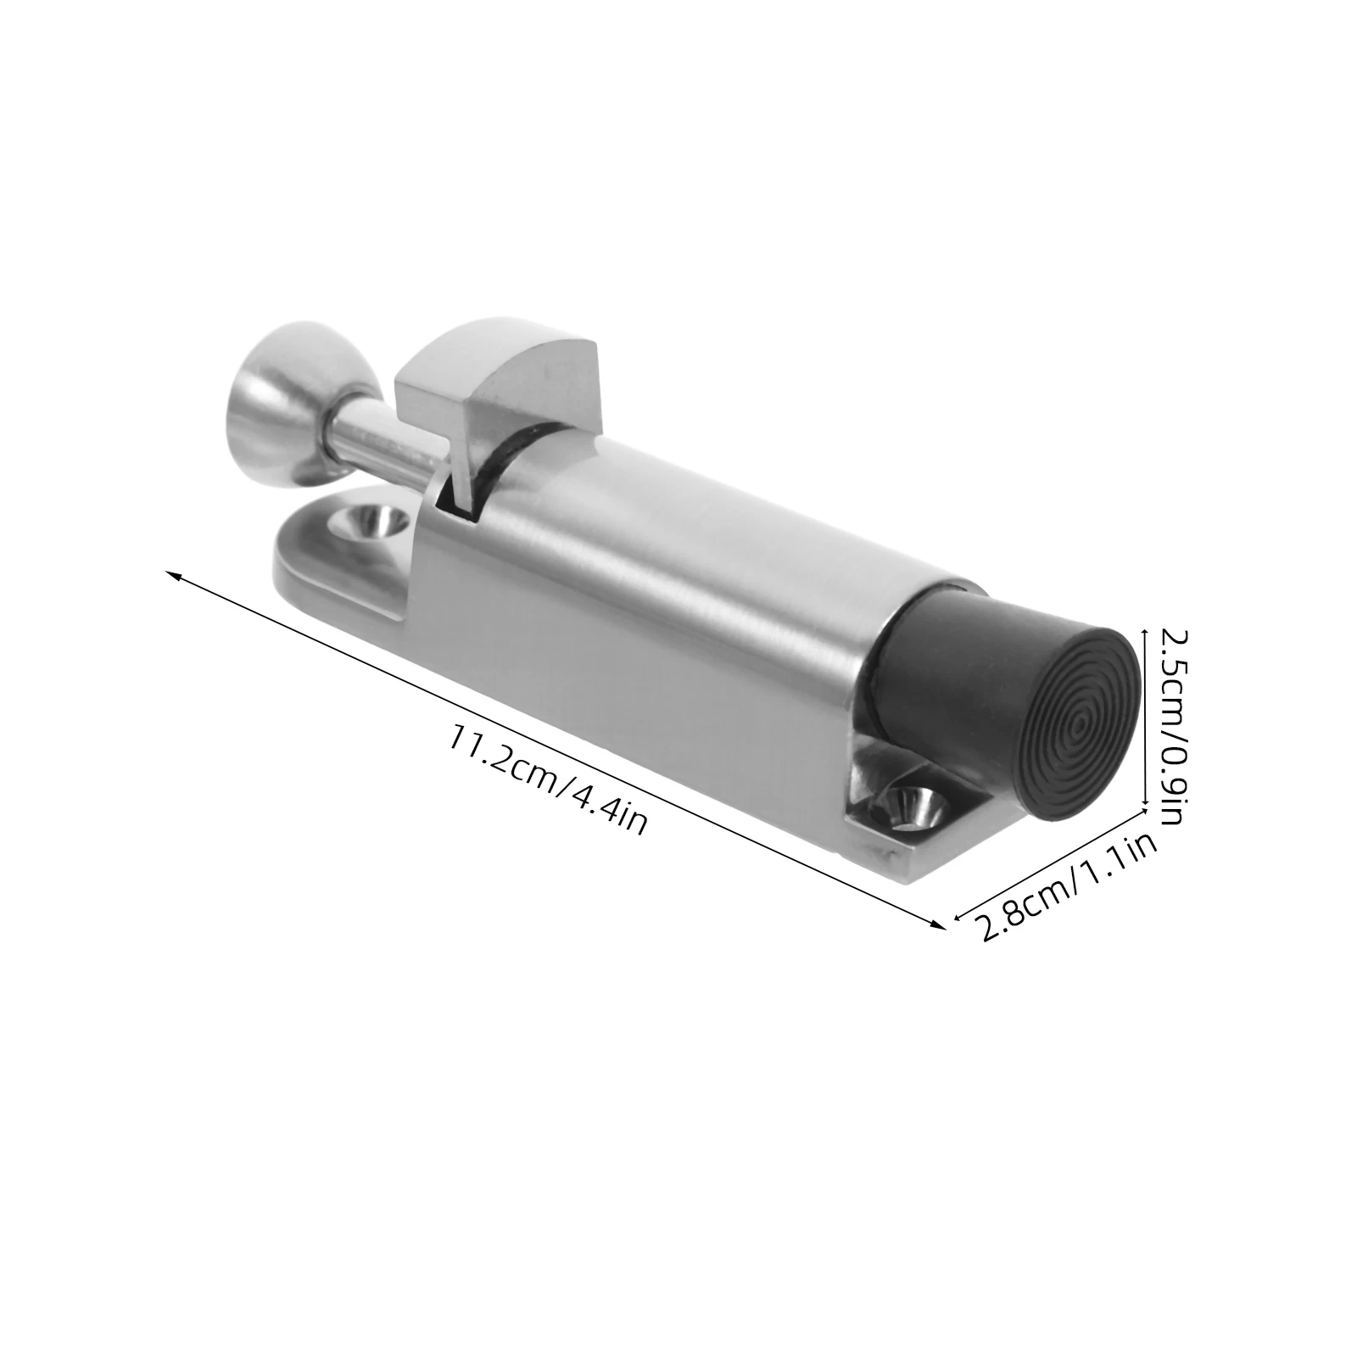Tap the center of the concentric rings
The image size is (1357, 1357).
(x=1079, y=727)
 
